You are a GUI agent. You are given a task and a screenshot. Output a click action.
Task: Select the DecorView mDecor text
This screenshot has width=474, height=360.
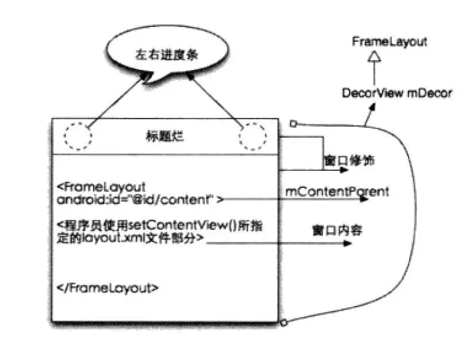point(397,93)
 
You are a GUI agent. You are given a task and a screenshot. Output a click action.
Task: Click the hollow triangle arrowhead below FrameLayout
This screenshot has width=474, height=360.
point(374,56)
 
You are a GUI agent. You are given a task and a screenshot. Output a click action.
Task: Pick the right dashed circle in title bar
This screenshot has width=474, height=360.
point(252,136)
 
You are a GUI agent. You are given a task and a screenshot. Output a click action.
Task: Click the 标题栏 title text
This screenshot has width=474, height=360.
point(165,137)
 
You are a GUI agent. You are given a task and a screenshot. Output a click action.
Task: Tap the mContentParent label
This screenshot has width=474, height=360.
point(337,191)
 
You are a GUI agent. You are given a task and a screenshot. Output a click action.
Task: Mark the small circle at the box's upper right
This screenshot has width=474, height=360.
point(293,123)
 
